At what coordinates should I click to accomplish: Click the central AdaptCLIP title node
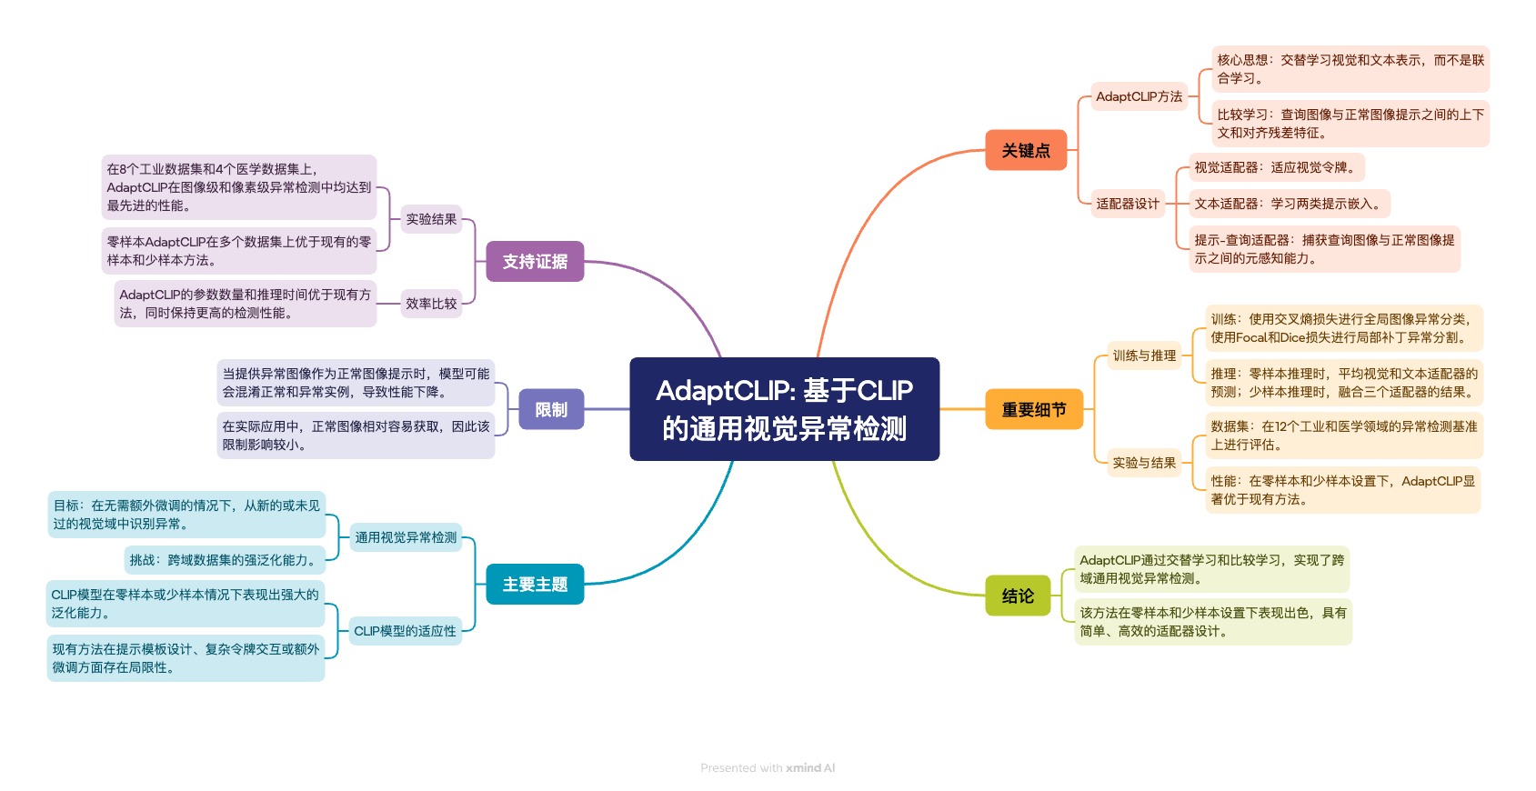coord(784,409)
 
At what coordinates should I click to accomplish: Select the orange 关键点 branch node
coord(1026,151)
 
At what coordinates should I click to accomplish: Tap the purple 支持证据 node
coord(535,262)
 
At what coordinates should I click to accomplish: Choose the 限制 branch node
coord(551,410)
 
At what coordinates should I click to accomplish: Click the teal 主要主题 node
coord(535,585)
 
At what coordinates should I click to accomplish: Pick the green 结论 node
coord(1018,596)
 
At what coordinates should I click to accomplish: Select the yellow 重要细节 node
coord(1034,410)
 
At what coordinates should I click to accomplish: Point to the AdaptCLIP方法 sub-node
coord(1139,96)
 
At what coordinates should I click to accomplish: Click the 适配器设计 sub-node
coord(1128,204)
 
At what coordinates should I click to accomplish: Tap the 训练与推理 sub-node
coord(1144,355)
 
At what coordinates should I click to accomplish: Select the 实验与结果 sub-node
coord(1144,463)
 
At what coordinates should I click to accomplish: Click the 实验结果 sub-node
coord(431,219)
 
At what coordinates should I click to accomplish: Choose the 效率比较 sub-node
coord(431,304)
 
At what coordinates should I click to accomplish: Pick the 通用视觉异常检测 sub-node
coord(406,537)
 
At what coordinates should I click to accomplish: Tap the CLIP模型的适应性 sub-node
coord(405,631)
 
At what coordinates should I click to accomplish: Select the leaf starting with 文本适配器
coord(1289,204)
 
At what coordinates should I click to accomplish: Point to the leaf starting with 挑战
coord(225,560)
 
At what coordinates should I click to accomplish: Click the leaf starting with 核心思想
coord(1350,69)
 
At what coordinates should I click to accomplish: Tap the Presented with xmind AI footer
coord(768,768)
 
